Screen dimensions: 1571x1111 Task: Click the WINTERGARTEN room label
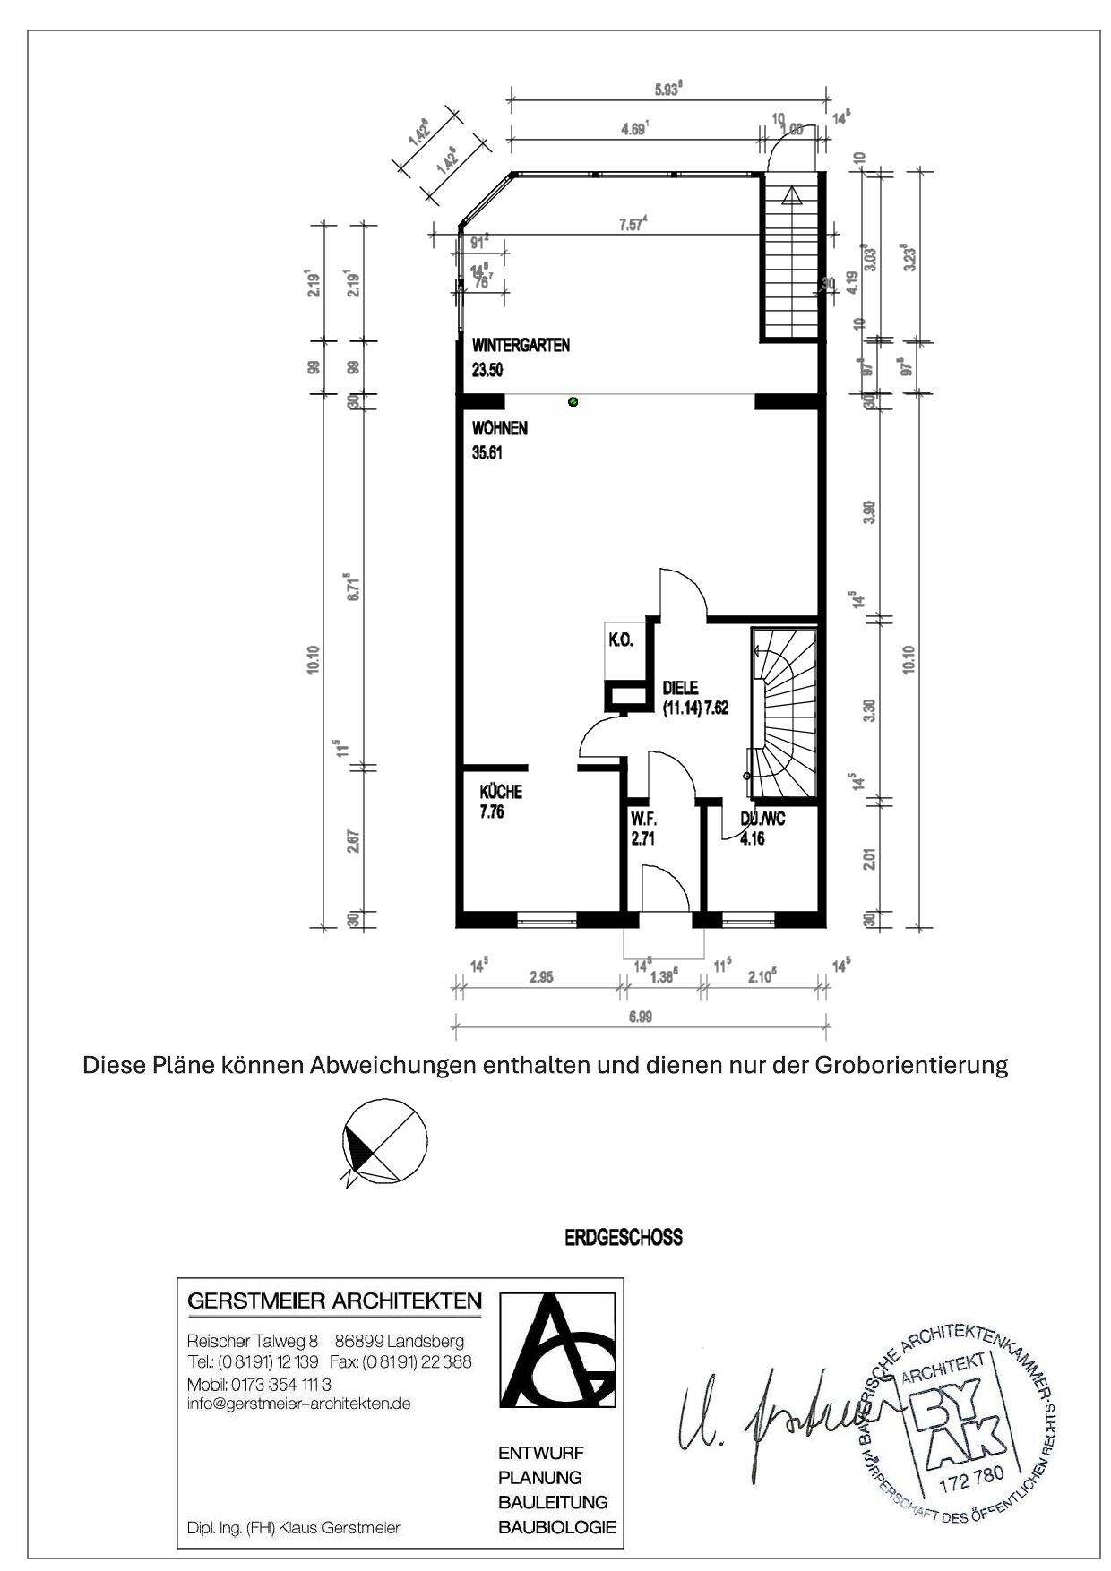(x=521, y=346)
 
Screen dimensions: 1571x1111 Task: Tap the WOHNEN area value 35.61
(x=487, y=453)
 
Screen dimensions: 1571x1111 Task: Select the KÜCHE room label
(x=501, y=792)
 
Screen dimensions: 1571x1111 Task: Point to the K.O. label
(x=621, y=640)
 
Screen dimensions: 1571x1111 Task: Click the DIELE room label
(x=680, y=688)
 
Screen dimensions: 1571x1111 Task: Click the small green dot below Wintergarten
(x=573, y=402)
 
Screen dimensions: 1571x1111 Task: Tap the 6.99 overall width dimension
(x=640, y=1017)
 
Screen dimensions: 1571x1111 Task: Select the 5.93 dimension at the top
(x=667, y=89)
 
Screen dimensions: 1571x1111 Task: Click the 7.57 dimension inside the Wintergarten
(x=633, y=225)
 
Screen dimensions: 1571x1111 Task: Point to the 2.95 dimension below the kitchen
(x=540, y=977)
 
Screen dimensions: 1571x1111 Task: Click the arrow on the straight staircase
(x=791, y=196)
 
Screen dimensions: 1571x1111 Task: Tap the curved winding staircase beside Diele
(x=785, y=713)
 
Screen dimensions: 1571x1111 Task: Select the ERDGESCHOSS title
(x=623, y=1238)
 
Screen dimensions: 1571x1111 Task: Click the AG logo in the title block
(x=556, y=1353)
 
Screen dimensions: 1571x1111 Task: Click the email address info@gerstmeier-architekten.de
(x=298, y=1404)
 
